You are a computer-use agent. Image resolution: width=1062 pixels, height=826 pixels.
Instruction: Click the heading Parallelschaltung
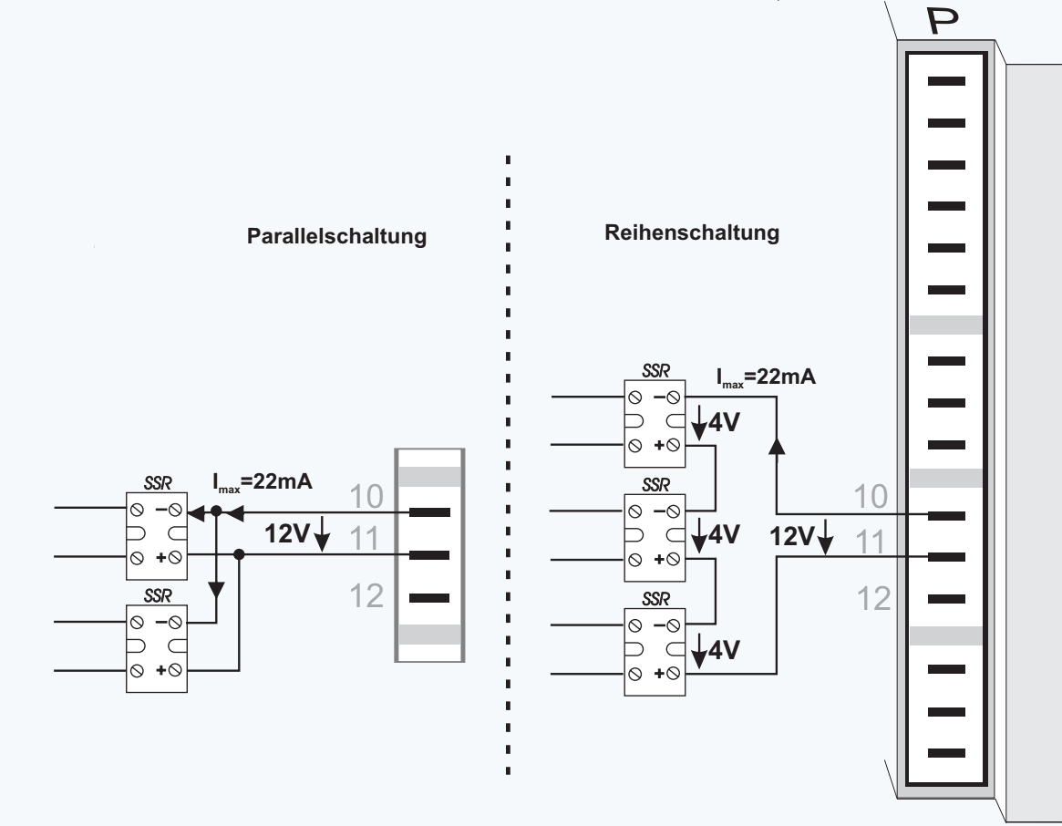point(337,238)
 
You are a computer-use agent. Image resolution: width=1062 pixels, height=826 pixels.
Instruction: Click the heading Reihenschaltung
point(692,232)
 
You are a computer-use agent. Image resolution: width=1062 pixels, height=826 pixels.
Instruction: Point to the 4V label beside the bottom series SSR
point(722,650)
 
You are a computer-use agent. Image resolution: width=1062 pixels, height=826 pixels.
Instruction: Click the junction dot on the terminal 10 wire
point(216,513)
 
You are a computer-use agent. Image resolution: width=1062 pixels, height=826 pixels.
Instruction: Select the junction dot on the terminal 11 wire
point(239,554)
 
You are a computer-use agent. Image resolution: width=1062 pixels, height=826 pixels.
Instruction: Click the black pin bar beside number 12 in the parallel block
point(429,599)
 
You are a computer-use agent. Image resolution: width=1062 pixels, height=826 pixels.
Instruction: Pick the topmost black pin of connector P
point(945,82)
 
